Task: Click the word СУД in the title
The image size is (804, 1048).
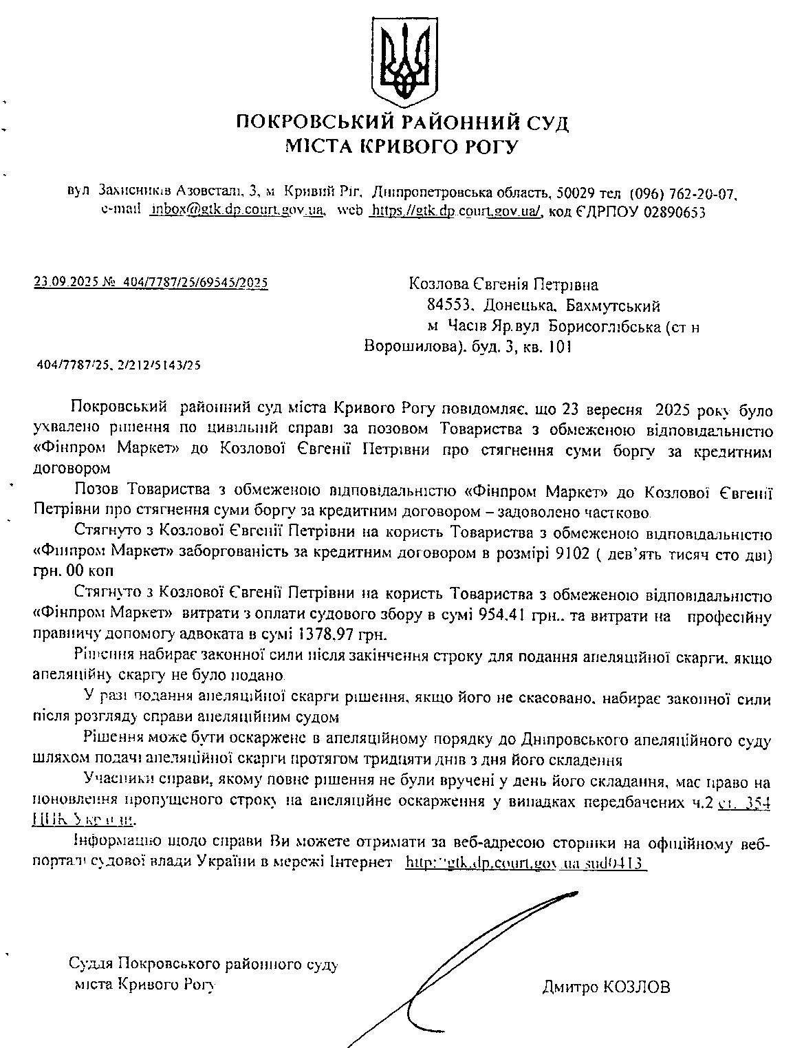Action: click(x=546, y=124)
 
